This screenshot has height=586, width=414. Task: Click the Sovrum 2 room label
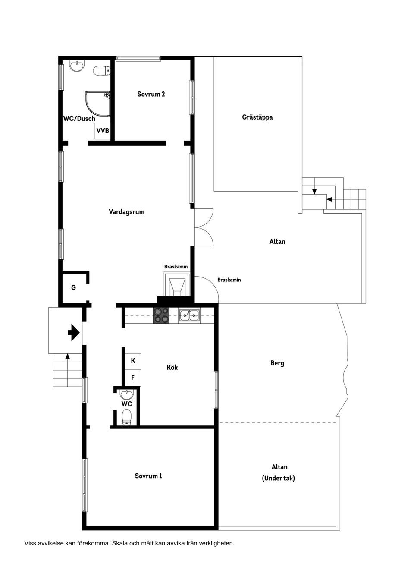tap(151, 94)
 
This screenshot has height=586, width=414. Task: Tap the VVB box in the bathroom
tap(102, 131)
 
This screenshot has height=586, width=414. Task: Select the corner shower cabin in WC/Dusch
tap(98, 104)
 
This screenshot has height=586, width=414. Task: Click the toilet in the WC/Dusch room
tap(102, 71)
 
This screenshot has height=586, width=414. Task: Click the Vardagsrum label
tap(126, 211)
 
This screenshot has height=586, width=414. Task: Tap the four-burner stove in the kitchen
tap(161, 315)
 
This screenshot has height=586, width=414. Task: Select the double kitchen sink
tap(189, 315)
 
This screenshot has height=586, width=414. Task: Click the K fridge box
tap(133, 361)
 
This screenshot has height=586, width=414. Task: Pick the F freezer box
tap(133, 378)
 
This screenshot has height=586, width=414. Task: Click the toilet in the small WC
tap(127, 418)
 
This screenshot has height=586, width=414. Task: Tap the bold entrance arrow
tap(74, 333)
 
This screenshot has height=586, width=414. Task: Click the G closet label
tap(73, 288)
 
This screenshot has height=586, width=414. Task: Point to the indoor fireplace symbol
tap(177, 284)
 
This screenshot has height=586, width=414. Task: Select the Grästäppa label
tap(257, 117)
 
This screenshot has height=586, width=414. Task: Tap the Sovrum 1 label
tap(148, 476)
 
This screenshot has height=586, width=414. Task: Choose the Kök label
tap(172, 367)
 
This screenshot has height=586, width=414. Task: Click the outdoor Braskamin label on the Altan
tap(229, 280)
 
